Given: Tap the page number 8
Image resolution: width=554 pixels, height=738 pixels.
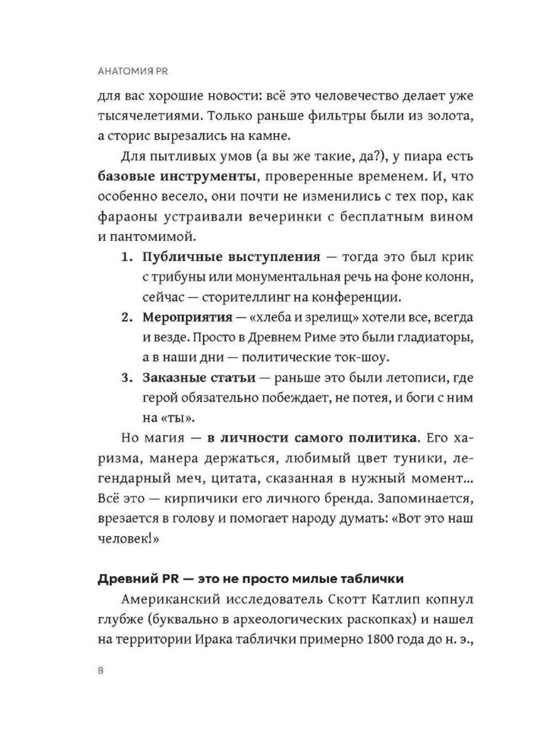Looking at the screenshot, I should [100, 670].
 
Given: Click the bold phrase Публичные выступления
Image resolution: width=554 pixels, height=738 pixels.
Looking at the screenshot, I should [231, 257].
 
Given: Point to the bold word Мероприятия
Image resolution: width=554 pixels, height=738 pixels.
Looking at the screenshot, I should [187, 318].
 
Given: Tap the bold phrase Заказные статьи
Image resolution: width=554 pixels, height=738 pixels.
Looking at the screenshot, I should [199, 378].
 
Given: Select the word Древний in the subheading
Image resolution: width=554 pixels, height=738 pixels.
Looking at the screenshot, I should [127, 579].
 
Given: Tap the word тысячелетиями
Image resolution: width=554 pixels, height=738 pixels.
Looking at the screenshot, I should [147, 117].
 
